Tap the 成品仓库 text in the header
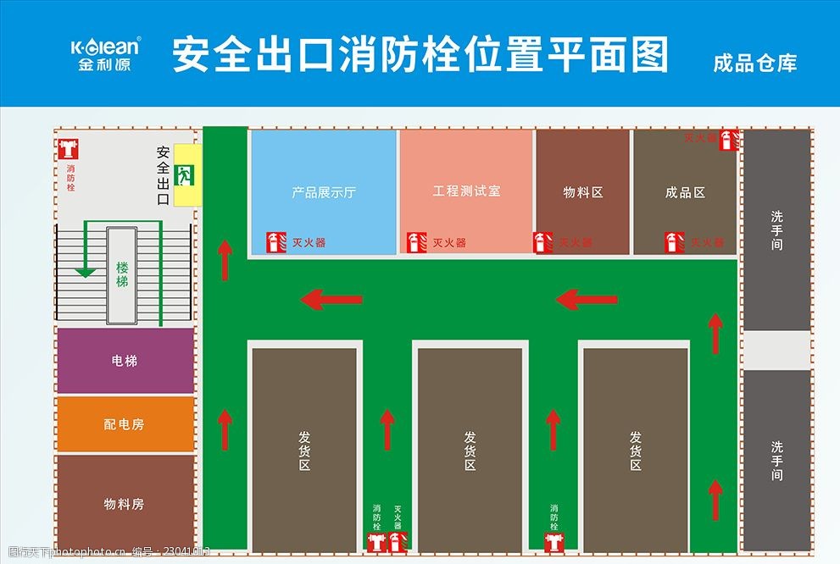(x=754, y=63)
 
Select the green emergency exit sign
(x=185, y=175)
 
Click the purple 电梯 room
(x=125, y=361)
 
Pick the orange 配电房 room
(x=125, y=424)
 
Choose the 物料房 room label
(x=125, y=504)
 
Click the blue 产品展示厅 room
(x=324, y=192)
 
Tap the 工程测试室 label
(x=466, y=191)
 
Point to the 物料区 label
(x=583, y=192)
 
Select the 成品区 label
(x=685, y=192)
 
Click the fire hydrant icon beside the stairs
(x=70, y=149)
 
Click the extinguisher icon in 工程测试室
(x=415, y=242)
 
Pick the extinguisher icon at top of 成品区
(x=727, y=140)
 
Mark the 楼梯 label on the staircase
(x=122, y=274)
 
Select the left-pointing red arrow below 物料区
(x=587, y=299)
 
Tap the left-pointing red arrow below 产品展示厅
(x=332, y=299)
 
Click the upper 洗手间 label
(x=776, y=230)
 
